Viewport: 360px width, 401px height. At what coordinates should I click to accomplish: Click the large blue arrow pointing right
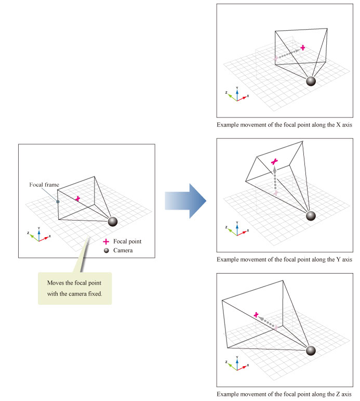click(x=185, y=200)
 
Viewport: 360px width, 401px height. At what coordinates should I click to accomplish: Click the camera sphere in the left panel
click(x=112, y=222)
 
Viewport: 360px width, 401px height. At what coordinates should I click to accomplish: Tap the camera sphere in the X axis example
click(x=311, y=81)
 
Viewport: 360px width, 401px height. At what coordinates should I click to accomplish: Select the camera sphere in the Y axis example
click(x=311, y=216)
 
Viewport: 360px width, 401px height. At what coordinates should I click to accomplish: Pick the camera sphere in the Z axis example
click(x=311, y=351)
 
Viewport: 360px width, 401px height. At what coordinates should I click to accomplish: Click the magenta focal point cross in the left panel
click(x=77, y=199)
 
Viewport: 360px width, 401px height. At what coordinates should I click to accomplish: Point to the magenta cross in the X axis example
click(x=302, y=48)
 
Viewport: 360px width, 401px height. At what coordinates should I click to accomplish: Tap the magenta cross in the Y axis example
click(x=275, y=162)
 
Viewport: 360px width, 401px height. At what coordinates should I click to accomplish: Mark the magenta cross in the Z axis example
click(x=256, y=315)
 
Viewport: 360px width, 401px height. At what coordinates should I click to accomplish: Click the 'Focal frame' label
click(x=44, y=185)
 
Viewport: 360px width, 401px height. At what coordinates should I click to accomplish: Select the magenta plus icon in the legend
click(x=106, y=241)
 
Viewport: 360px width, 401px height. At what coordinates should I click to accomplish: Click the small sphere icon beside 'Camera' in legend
click(x=106, y=250)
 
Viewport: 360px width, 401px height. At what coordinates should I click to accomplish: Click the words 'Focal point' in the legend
click(x=127, y=241)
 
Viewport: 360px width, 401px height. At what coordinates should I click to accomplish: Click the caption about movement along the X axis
click(x=284, y=125)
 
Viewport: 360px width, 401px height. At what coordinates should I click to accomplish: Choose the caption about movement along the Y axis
click(x=284, y=259)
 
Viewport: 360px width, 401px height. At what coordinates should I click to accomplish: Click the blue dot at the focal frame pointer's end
click(x=58, y=202)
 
